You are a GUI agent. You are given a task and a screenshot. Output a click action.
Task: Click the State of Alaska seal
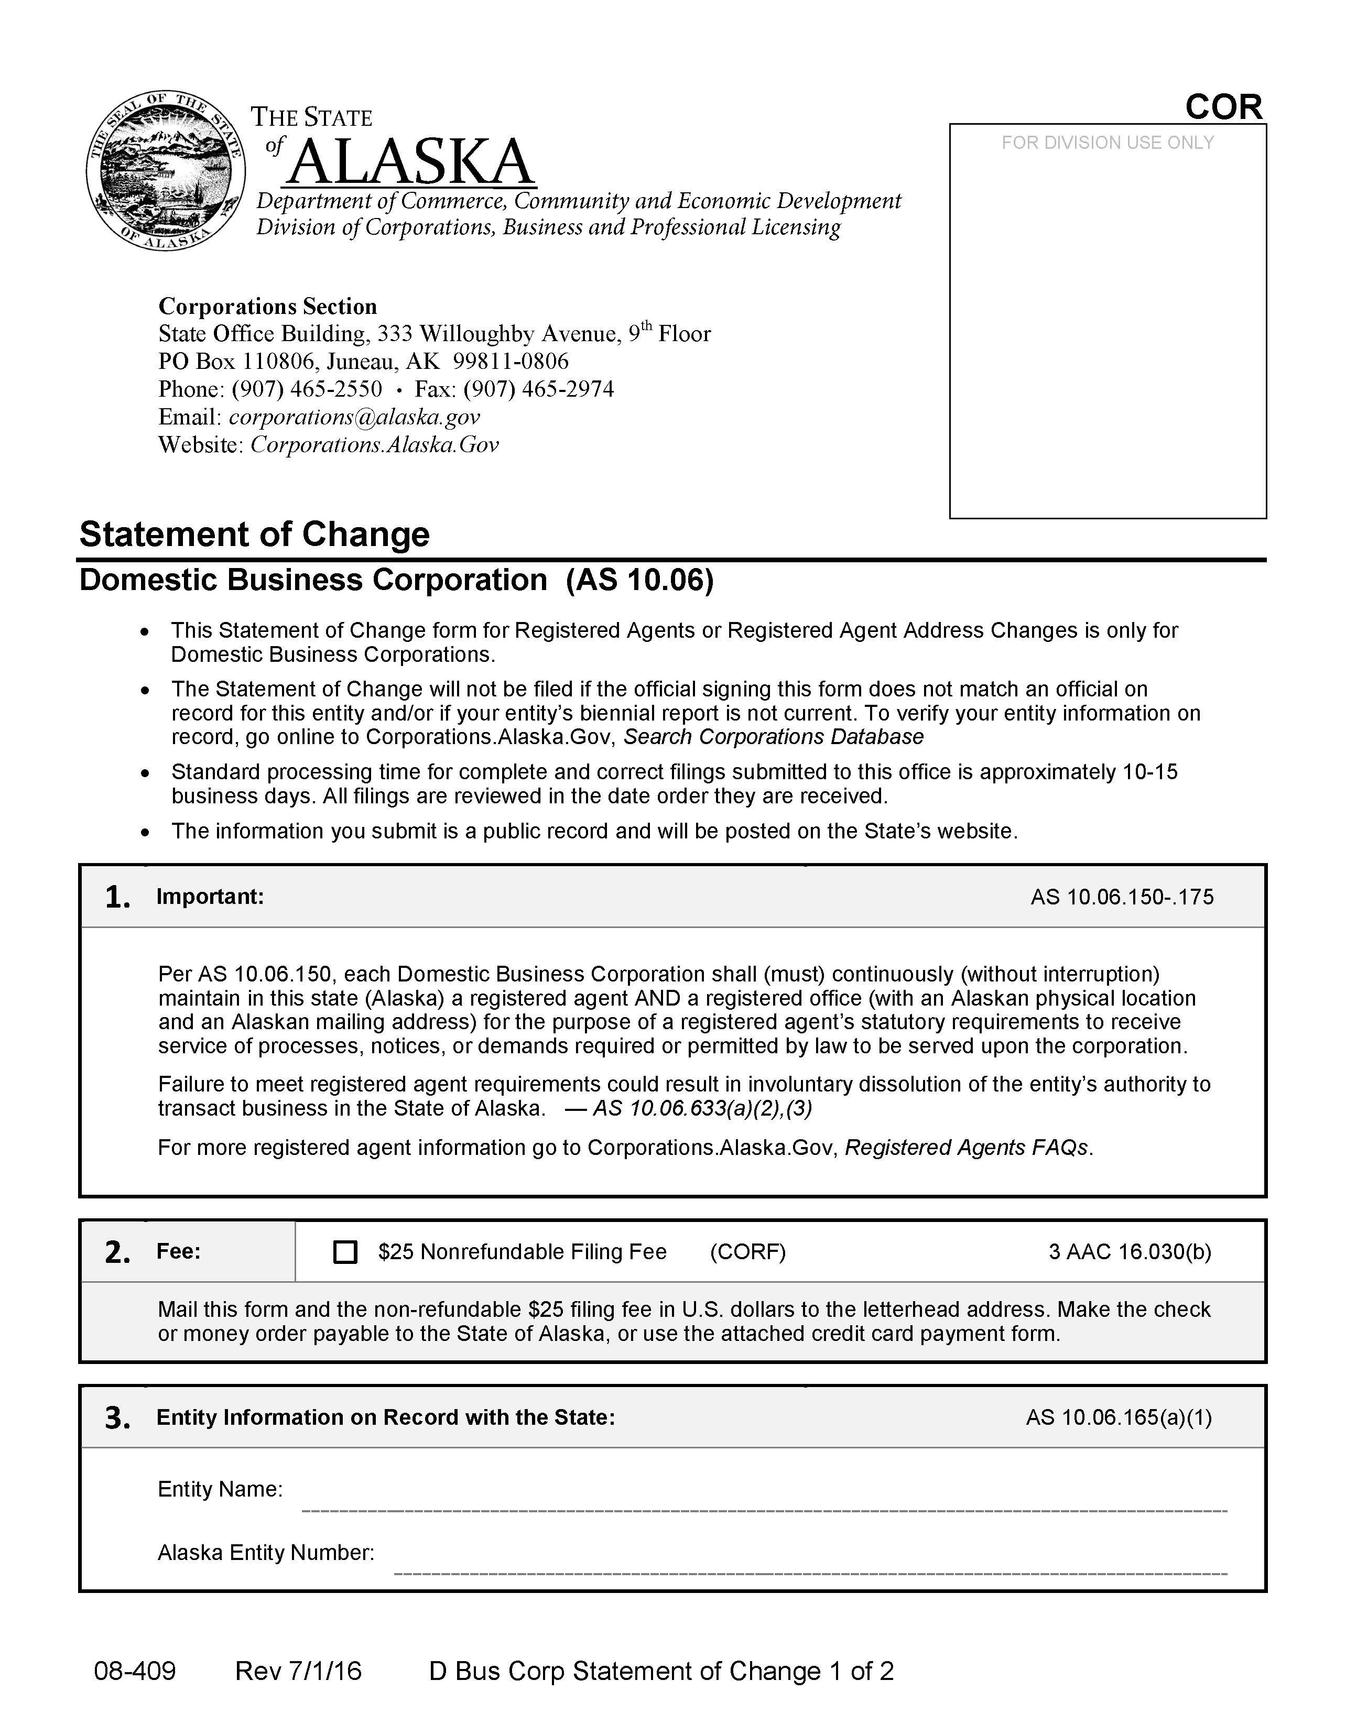tap(165, 170)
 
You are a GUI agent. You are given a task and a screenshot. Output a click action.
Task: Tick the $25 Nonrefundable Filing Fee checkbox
tap(345, 1252)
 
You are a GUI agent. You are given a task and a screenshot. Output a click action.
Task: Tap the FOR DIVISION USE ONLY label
tap(1107, 143)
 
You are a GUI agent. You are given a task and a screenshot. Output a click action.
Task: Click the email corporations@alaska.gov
tap(354, 417)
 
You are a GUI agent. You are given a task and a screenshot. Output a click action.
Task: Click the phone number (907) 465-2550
tap(307, 389)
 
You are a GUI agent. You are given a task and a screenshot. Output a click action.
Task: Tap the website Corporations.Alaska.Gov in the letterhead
tap(374, 445)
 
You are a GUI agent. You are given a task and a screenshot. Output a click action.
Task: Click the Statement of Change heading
tap(254, 534)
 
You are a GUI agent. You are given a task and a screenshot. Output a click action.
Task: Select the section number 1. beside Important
tap(117, 897)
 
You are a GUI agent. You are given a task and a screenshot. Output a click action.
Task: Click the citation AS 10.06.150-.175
tap(1122, 897)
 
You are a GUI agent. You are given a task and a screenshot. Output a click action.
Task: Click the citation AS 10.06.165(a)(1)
tap(1118, 1418)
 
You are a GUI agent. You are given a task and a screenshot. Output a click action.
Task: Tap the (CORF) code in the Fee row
tap(747, 1252)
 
